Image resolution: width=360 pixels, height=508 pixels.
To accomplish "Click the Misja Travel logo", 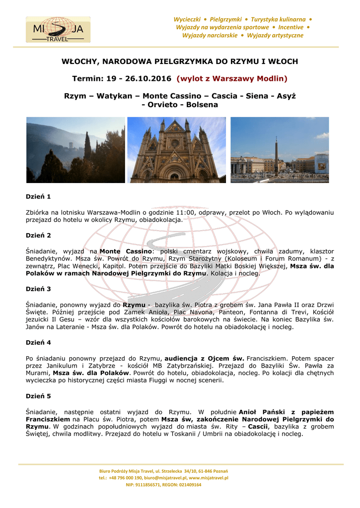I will coord(55,29).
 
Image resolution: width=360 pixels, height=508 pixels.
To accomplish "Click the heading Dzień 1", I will coord(38,197).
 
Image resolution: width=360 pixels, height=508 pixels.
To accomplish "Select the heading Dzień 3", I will coord(38,289).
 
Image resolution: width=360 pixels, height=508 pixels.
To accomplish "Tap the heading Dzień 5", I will coord(38,396).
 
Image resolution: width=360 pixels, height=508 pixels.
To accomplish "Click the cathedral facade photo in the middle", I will coord(177,150).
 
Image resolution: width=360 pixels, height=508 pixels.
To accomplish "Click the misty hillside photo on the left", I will coord(75,150).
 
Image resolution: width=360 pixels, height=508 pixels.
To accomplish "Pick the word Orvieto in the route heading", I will coord(163,105).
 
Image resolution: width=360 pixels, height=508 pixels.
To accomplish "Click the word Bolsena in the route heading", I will coord(202,105).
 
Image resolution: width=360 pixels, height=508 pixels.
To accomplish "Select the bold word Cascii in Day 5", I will coord(258,427).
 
